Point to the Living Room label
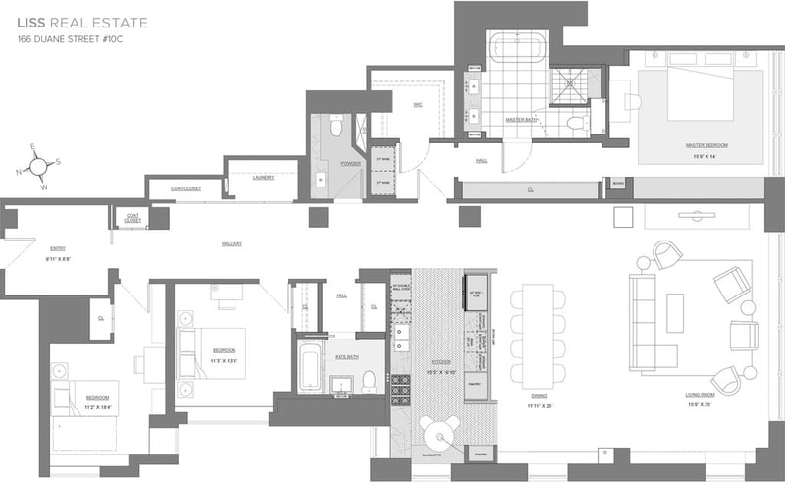coord(698,395)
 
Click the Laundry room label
coord(262,178)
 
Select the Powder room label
coord(350,164)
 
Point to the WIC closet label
coord(417,104)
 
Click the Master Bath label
coord(520,120)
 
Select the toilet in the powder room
coord(335,127)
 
